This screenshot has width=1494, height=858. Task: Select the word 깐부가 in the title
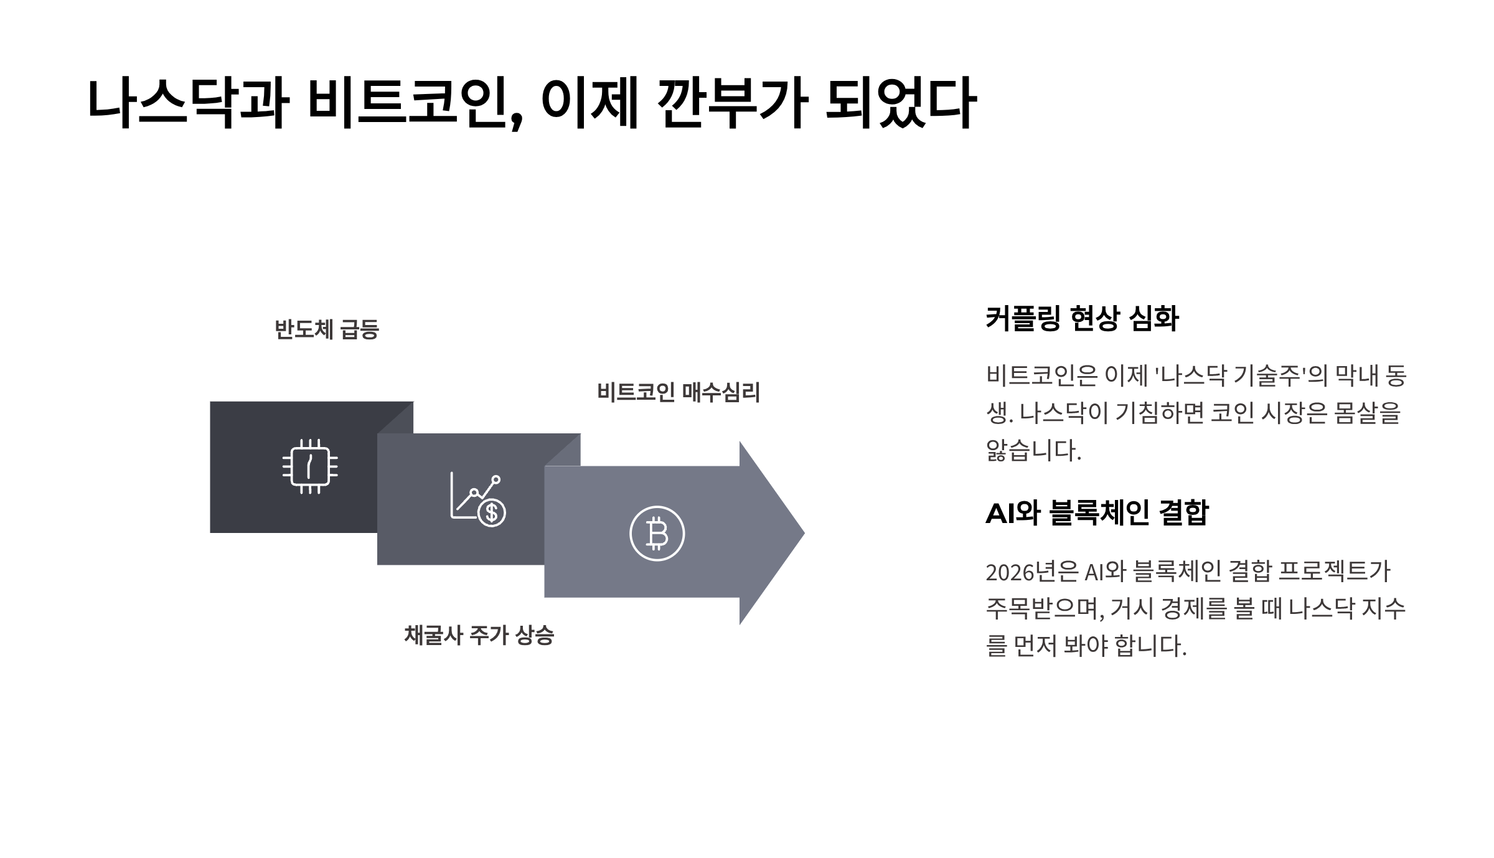point(732,103)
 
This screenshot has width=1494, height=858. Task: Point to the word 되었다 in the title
point(900,103)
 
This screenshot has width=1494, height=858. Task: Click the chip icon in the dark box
point(310,467)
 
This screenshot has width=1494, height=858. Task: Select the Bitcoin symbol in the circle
point(657,534)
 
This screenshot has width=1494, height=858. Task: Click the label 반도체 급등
point(327,329)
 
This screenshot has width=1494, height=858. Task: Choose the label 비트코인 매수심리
point(679,392)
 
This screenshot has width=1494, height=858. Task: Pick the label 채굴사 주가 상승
point(479,635)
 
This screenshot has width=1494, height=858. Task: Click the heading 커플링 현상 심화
point(1082,318)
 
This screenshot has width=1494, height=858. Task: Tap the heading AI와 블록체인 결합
point(1096,513)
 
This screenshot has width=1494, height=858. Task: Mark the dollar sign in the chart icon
point(492,512)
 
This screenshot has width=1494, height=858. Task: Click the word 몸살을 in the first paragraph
point(1367,413)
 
